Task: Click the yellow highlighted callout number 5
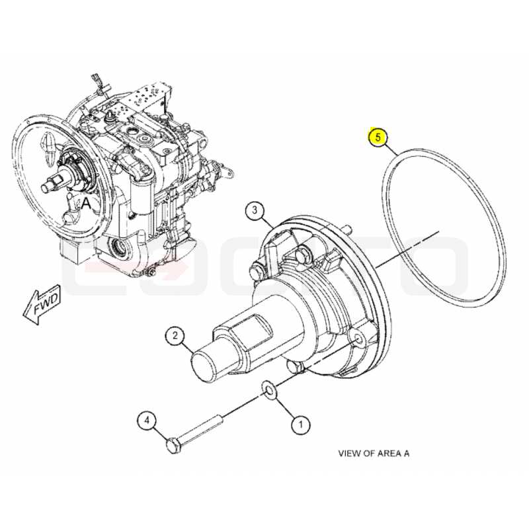[378, 138]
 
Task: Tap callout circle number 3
[255, 210]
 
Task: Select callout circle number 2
[175, 335]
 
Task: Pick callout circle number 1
[300, 424]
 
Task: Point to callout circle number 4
[147, 421]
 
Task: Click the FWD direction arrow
[42, 304]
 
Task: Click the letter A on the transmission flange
[86, 204]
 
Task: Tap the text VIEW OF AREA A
[374, 453]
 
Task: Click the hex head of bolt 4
[173, 444]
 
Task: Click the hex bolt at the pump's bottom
[295, 366]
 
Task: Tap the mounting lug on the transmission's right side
[225, 171]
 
